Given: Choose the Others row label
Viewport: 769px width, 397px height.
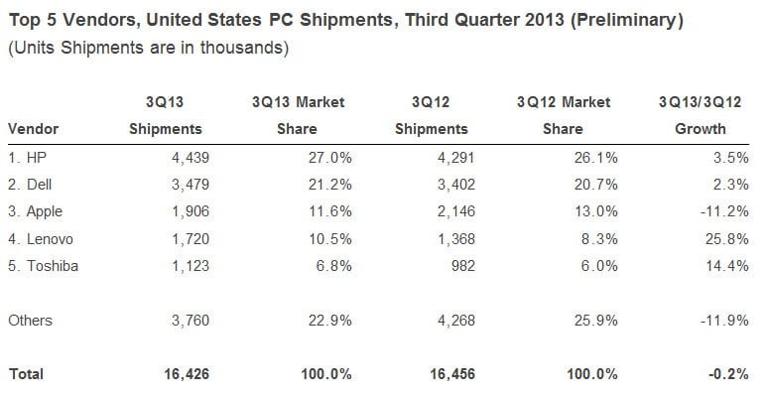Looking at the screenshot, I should (30, 320).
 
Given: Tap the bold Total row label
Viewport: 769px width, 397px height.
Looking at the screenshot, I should (26, 374).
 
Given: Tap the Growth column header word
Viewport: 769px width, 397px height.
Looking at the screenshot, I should (702, 129).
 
